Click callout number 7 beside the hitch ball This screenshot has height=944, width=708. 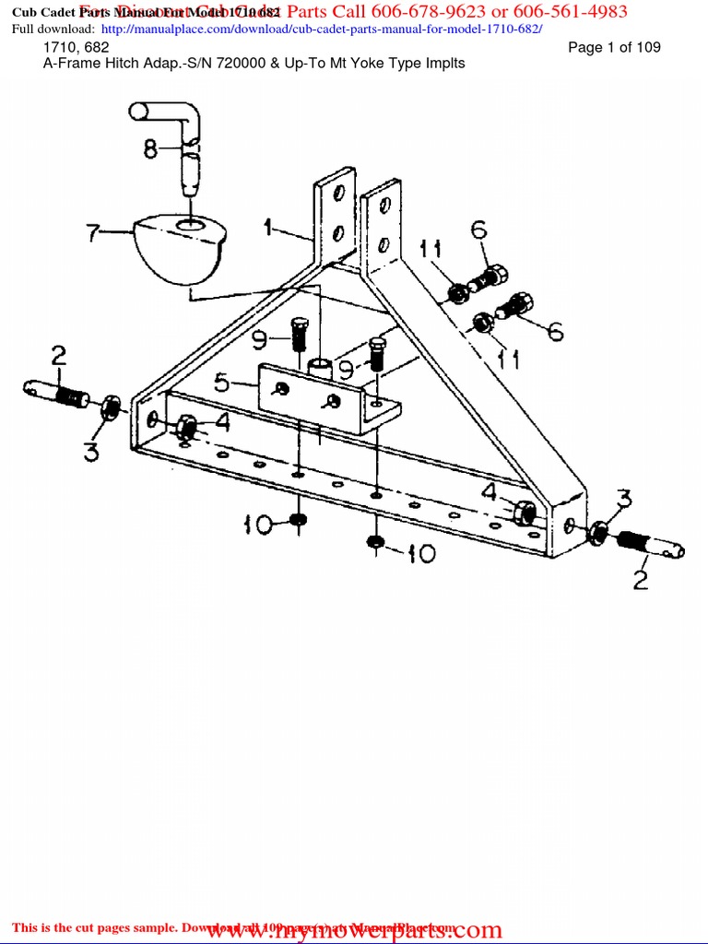point(94,232)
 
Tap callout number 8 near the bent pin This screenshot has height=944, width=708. point(150,147)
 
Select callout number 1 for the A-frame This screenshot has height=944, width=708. point(268,225)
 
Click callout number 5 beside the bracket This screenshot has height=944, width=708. point(222,381)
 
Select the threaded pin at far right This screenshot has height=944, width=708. point(654,546)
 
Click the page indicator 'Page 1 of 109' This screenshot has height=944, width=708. point(614,47)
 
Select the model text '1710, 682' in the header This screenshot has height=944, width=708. point(76,47)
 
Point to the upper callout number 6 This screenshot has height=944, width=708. point(478,230)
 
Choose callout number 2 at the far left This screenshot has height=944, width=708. point(58,356)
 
